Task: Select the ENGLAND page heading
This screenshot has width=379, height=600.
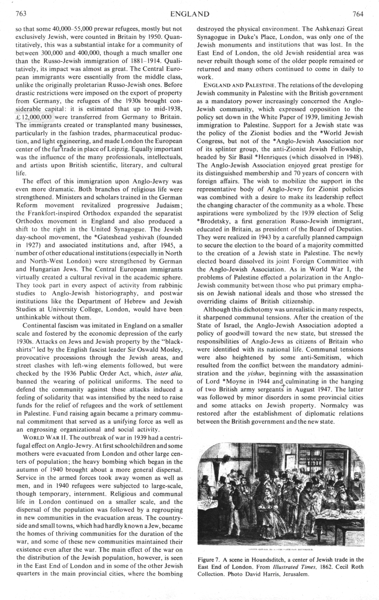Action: pos(189,13)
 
